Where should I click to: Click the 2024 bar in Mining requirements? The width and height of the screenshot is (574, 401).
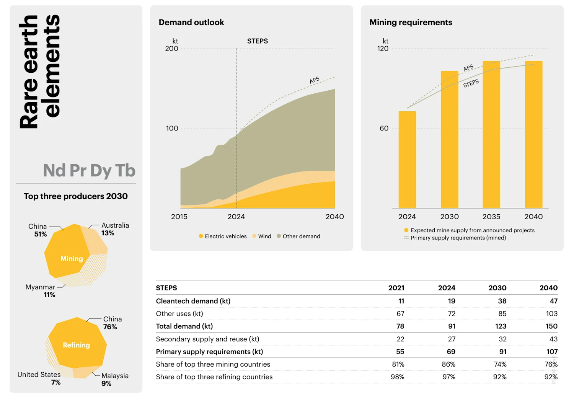coord(407,160)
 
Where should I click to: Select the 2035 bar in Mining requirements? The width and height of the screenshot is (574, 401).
coord(491,134)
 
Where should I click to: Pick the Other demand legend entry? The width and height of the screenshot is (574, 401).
coord(298,236)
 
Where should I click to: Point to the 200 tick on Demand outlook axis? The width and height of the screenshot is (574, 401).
coord(171,49)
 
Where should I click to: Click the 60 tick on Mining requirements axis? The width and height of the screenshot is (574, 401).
coord(384,129)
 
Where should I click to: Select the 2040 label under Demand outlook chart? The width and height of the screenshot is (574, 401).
coord(334,217)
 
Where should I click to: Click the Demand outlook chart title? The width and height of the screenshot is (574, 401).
coord(191,23)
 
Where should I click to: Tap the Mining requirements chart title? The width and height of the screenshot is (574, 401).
coord(411,23)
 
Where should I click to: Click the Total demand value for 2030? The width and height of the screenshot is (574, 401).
coord(501,326)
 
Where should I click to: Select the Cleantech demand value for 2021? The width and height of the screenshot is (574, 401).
coord(401,301)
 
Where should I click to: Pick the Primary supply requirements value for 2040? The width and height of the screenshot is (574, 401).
coord(551,352)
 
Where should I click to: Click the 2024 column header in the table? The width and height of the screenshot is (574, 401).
coord(447,288)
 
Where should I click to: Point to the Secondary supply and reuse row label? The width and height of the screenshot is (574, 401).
coord(207,339)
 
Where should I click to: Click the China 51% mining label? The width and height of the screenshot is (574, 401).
coord(38,230)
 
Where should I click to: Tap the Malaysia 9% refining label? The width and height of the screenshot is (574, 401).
coord(114,380)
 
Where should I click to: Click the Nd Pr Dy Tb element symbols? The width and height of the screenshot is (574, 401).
coord(89,171)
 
